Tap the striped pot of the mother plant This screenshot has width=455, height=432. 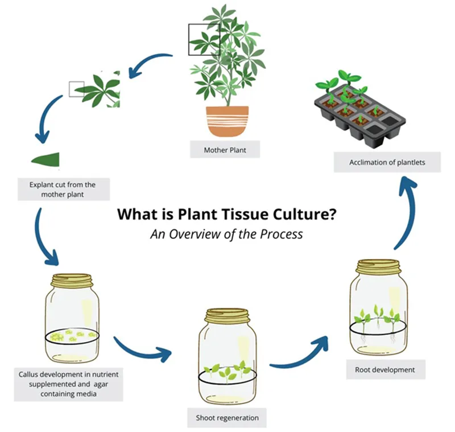pyautogui.click(x=227, y=121)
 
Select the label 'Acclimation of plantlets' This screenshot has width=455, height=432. pyautogui.click(x=387, y=162)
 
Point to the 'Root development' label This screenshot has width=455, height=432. pyautogui.click(x=384, y=370)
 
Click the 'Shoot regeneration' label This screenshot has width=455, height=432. pyautogui.click(x=227, y=418)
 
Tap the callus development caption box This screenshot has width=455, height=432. pyautogui.click(x=68, y=384)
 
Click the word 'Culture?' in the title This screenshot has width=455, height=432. pyautogui.click(x=304, y=215)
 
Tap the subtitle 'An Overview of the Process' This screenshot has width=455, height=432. pyautogui.click(x=226, y=233)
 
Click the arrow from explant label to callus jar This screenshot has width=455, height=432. pyautogui.click(x=45, y=239)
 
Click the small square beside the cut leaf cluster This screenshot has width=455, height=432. pyautogui.click(x=76, y=89)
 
